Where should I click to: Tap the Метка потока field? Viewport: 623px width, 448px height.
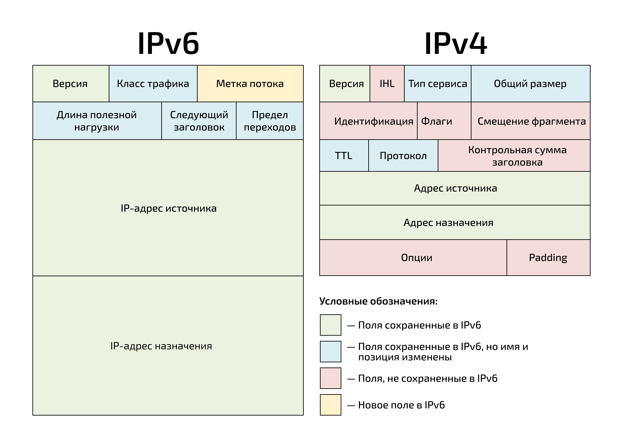[250, 84]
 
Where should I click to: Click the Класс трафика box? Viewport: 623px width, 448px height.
[153, 84]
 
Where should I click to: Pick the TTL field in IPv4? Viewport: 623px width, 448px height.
[344, 156]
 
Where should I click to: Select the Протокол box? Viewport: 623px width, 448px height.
[403, 156]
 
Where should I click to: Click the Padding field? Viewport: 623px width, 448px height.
[548, 258]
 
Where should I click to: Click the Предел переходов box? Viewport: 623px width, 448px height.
[270, 121]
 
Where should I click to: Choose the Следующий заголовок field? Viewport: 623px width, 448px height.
[199, 121]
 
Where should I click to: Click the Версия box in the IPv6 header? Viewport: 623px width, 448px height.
[70, 84]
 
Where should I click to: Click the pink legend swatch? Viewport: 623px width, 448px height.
[330, 378]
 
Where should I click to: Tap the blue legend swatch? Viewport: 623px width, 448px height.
[330, 352]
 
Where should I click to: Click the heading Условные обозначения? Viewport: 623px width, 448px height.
[378, 301]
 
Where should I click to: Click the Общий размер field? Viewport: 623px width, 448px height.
[530, 84]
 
